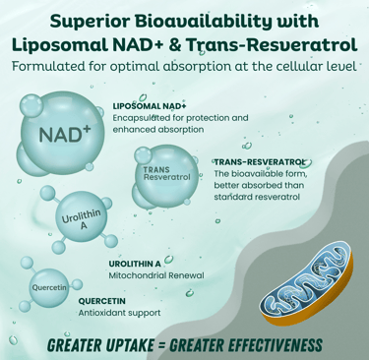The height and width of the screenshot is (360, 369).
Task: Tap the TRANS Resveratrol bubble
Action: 166,176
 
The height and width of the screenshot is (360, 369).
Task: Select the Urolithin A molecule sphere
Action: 82,217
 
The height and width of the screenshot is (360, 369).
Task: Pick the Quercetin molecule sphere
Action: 49,288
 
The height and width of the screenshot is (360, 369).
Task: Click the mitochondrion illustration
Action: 307,284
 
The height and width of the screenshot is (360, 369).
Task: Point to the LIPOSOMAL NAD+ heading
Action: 150,106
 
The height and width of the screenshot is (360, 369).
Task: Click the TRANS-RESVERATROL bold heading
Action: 259,162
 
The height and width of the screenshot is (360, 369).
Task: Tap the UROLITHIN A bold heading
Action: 135,264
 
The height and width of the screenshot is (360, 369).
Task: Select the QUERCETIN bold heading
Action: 101,301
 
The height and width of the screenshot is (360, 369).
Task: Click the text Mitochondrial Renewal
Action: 156,275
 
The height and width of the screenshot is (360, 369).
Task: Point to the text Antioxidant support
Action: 119,313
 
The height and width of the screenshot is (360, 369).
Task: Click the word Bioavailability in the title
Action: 196,22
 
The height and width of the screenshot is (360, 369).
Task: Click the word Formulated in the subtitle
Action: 48,66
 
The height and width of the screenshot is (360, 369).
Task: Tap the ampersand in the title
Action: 176,46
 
